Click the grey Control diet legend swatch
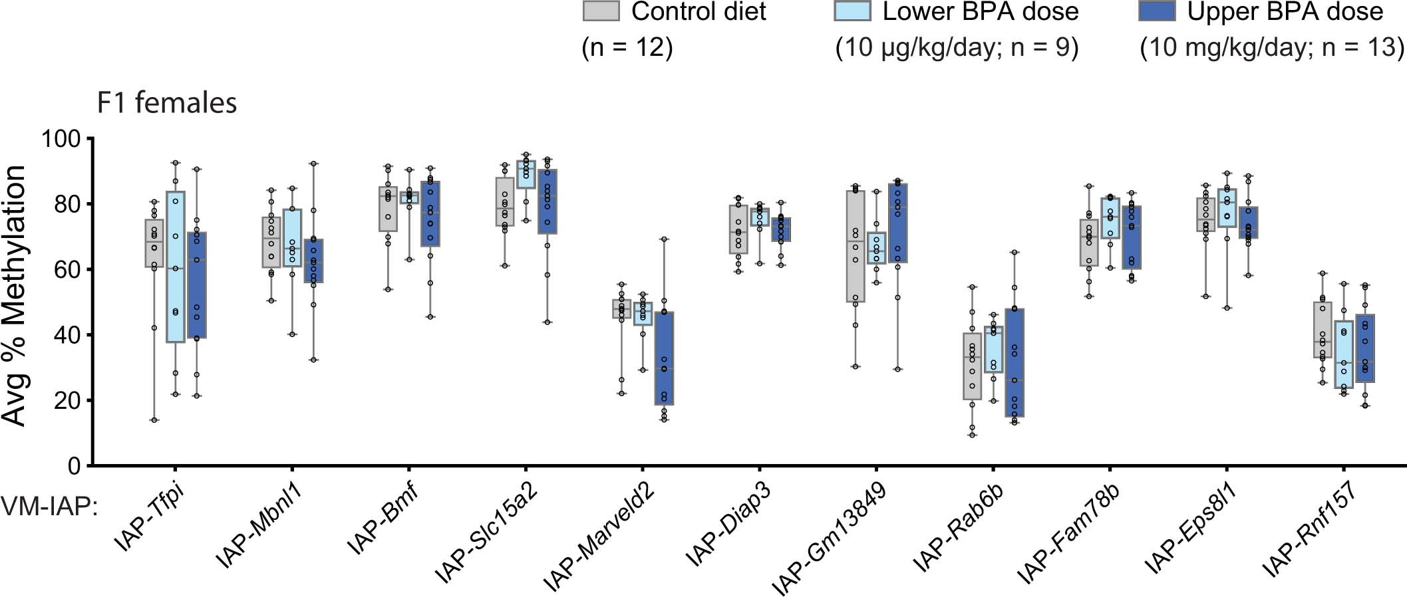(x=601, y=11)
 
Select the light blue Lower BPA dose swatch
(x=852, y=11)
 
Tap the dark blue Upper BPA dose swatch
(x=1157, y=11)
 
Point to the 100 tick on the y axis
(x=60, y=139)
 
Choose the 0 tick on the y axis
(x=73, y=466)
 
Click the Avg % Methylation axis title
(x=15, y=296)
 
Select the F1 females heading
(x=167, y=104)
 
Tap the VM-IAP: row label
(x=50, y=509)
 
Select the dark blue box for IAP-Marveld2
(x=664, y=358)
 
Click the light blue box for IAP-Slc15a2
(x=526, y=174)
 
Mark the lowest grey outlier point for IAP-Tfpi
(x=154, y=420)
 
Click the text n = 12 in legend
(x=627, y=49)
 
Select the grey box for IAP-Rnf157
(x=1323, y=330)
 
